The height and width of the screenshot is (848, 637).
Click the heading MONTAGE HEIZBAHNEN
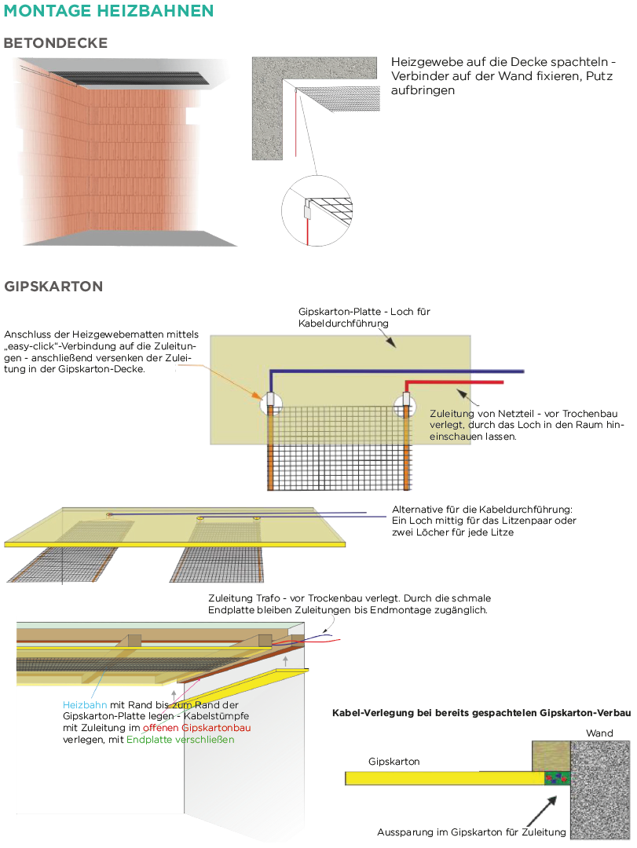[108, 11]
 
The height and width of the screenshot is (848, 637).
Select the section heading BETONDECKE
[56, 43]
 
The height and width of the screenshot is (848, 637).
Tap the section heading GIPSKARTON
[53, 287]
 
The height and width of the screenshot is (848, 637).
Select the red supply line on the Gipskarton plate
[456, 382]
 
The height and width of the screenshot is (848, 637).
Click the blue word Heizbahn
[79, 705]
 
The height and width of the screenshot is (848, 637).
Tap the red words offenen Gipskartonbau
[197, 728]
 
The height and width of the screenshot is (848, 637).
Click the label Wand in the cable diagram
[599, 733]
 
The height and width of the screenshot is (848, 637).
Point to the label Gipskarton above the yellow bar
[394, 762]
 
